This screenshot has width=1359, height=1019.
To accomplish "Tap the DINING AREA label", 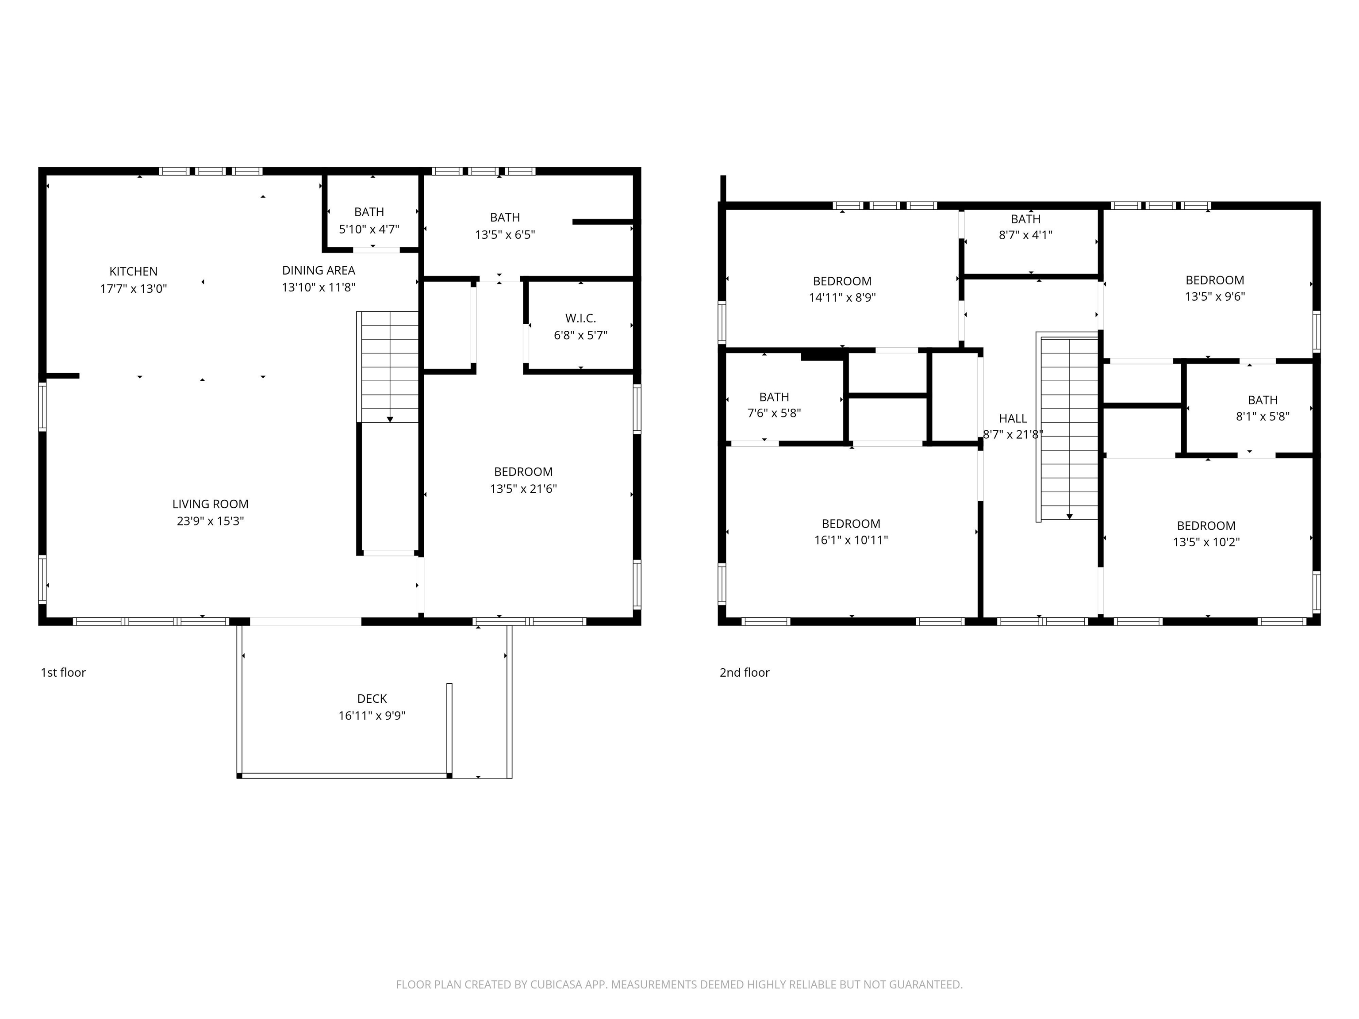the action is click(x=318, y=270).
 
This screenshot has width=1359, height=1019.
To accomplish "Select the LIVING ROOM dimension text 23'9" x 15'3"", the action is click(x=210, y=521).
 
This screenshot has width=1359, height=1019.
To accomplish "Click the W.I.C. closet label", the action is click(x=580, y=318).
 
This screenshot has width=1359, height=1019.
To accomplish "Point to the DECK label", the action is click(x=372, y=698).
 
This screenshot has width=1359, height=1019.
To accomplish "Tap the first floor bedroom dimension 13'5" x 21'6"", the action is click(x=523, y=489).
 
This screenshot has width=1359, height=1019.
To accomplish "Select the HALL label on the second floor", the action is click(x=1013, y=418).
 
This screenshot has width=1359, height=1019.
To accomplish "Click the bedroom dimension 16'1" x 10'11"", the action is click(x=850, y=540).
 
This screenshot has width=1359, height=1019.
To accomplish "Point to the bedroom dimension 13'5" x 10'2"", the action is click(x=1205, y=542).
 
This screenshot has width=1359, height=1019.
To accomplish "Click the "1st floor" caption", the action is click(x=63, y=673).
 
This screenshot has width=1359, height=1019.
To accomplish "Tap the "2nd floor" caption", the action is click(x=744, y=673).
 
